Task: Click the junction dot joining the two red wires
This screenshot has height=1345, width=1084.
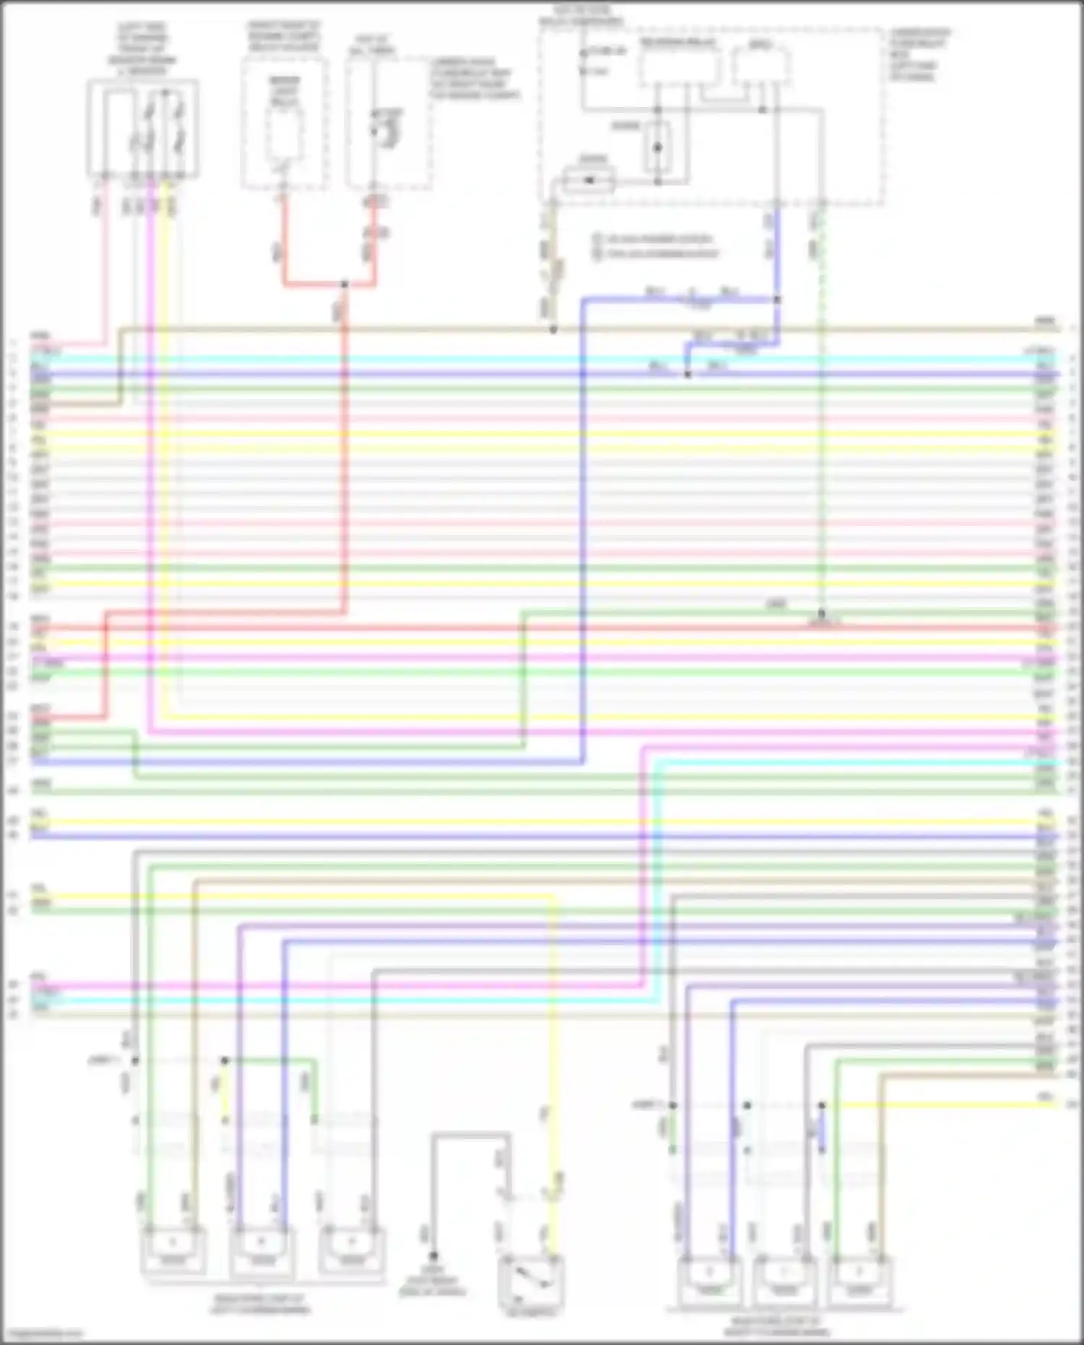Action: click(345, 285)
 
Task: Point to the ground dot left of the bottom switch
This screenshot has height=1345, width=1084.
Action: click(434, 1256)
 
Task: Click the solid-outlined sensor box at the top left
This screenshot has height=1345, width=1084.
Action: click(143, 129)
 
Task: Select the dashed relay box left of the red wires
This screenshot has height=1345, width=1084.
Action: click(284, 124)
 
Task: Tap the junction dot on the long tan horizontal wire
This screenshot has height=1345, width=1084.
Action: click(554, 330)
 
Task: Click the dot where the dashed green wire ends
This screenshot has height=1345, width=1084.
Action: click(822, 614)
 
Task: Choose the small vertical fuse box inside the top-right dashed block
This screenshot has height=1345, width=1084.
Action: click(658, 148)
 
